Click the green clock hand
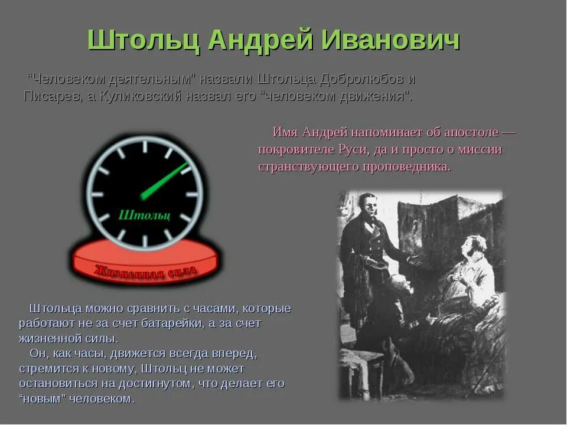point(165,180)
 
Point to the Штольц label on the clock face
point(144,215)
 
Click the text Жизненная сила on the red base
point(146,271)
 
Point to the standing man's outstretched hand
point(416,260)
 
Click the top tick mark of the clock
point(145,146)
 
